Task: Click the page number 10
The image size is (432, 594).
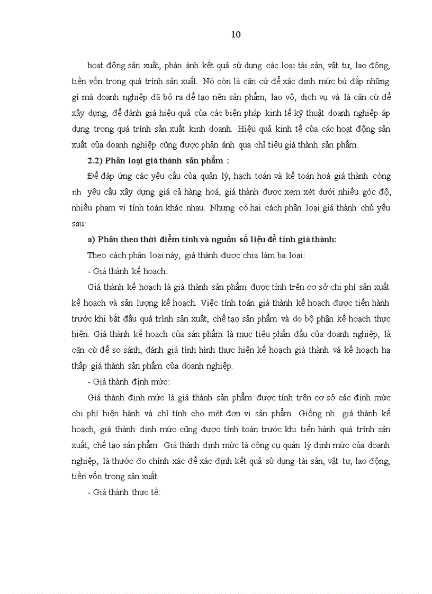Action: pos(236,35)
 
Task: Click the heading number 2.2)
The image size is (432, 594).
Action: pos(97,161)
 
